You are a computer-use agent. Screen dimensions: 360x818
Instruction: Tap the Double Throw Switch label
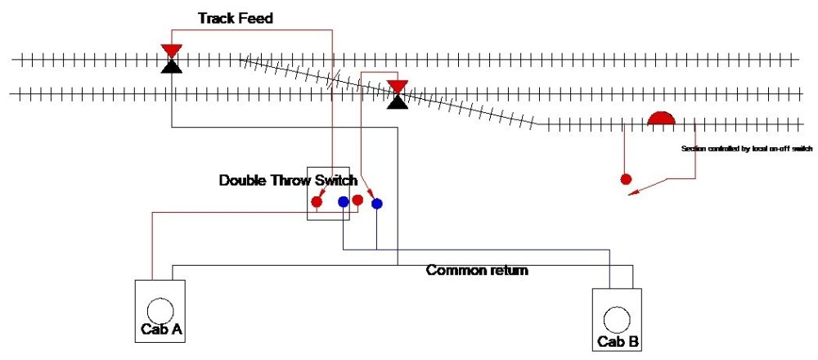(288, 181)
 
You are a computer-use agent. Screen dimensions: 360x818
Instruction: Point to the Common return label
(477, 270)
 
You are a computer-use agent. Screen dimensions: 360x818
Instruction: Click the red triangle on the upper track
(171, 52)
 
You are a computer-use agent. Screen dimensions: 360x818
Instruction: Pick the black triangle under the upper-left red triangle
(171, 65)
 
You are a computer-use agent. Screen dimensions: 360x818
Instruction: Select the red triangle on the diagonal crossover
(398, 87)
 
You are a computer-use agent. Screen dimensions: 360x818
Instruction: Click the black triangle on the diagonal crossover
(398, 101)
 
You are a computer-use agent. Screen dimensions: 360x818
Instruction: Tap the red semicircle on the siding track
(661, 119)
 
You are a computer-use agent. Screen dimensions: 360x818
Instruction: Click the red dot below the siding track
(627, 179)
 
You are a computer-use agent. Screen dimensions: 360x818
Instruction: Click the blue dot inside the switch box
(344, 200)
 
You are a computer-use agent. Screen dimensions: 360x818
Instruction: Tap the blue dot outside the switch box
(376, 203)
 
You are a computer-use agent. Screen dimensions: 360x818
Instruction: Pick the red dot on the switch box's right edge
(357, 200)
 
